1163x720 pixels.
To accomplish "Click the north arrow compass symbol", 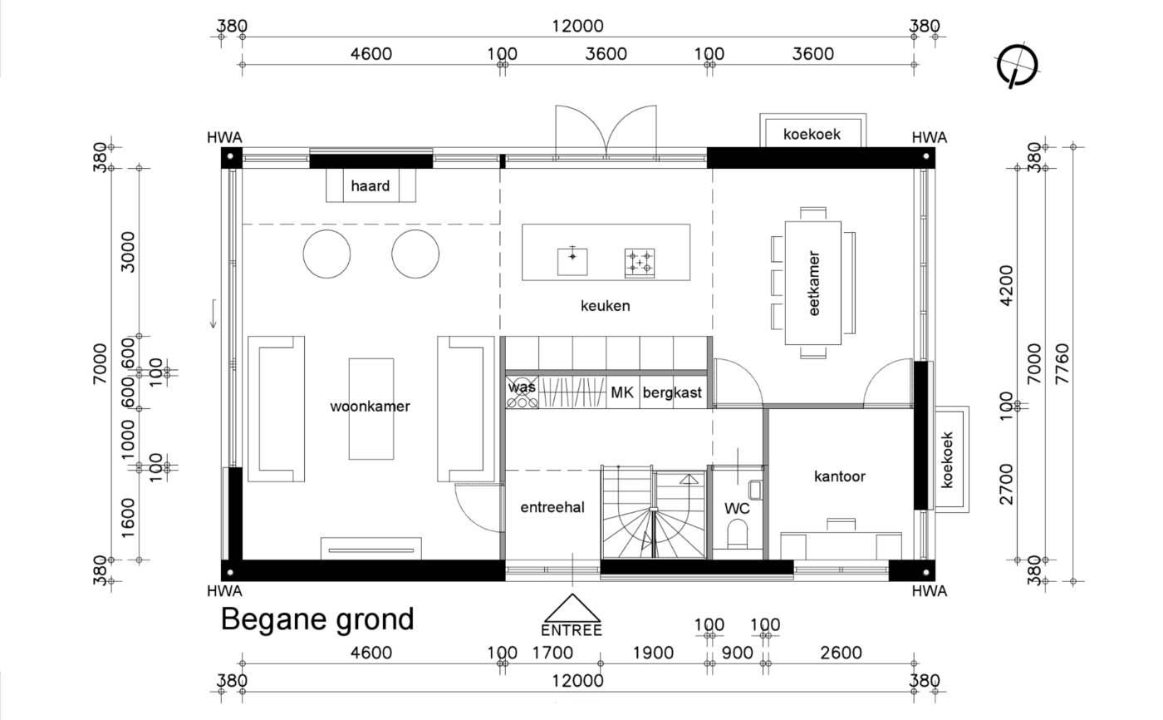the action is [1017, 66].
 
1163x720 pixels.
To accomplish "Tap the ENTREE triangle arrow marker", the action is [572, 609].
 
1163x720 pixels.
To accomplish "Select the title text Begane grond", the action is [317, 620].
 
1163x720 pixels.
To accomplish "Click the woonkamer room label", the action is [370, 407].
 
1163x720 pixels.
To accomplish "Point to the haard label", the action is [370, 185].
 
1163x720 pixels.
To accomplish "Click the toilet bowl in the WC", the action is [738, 535].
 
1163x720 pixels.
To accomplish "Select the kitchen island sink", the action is [572, 261].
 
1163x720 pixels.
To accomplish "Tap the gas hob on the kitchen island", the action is [639, 263].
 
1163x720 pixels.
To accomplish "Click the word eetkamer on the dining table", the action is [813, 284].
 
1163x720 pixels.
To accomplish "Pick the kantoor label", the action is [840, 476].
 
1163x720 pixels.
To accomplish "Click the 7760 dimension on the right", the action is [1062, 363].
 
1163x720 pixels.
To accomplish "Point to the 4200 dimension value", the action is [1006, 286].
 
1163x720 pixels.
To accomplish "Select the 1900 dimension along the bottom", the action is [653, 653].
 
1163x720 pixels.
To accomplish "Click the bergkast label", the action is [672, 392].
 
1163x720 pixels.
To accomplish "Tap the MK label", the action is [622, 392].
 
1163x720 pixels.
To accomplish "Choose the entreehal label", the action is [552, 507].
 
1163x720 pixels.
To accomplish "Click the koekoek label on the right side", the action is [948, 461].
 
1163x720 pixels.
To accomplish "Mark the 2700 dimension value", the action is [1006, 484].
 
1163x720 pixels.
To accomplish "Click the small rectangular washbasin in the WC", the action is [755, 490].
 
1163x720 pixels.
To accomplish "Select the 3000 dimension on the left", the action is [128, 252].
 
